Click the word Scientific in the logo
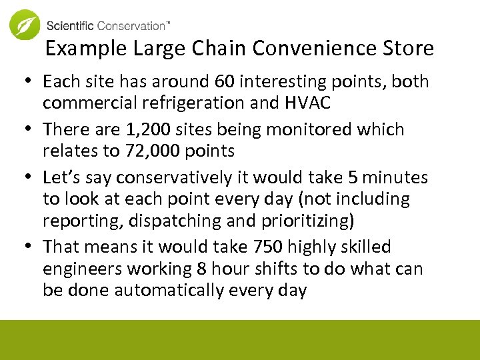(x=71, y=26)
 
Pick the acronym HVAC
(x=309, y=103)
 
